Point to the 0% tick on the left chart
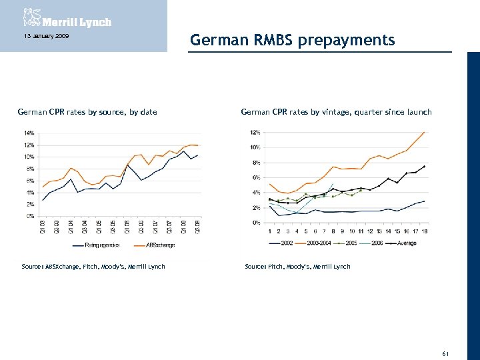click(31, 216)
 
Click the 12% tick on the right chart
click(255, 131)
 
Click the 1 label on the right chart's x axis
click(269, 231)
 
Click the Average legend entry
click(405, 243)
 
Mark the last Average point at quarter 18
click(424, 166)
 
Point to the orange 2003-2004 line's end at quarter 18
click(424, 132)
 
